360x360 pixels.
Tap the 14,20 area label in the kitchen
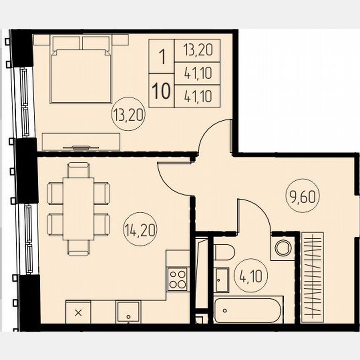coord(140,229)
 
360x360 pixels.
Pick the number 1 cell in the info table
coord(161,57)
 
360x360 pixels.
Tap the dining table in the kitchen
coord(78,209)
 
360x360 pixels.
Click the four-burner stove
coord(178,279)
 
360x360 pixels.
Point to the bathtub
coord(248,310)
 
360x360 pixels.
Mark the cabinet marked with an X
coord(78,312)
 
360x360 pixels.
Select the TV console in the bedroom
coord(81,142)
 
